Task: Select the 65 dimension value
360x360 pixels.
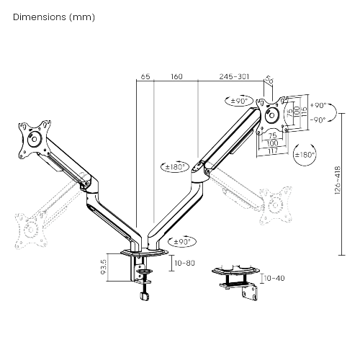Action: (145, 76)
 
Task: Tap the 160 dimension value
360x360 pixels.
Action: (176, 76)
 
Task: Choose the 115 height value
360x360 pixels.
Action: (304, 113)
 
